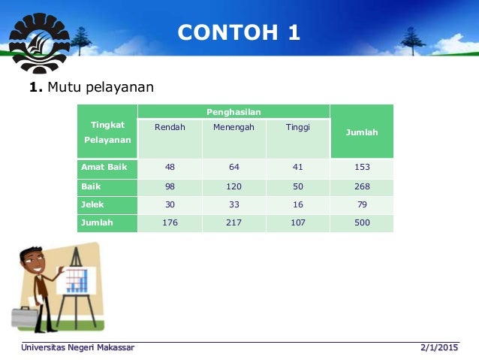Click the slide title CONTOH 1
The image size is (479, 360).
[239, 32]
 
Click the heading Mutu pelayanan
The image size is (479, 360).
[92, 88]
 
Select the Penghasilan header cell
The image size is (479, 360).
[233, 111]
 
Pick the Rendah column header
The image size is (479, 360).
[170, 127]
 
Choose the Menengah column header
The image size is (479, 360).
[233, 127]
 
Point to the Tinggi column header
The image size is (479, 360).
[297, 127]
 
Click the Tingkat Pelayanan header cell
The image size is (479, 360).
[107, 132]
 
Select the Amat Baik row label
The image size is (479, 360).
[104, 167]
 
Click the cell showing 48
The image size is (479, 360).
[170, 167]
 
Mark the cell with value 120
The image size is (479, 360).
[233, 186]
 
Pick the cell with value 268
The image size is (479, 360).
[362, 186]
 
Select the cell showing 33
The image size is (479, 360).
[233, 204]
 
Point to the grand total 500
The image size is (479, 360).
[362, 222]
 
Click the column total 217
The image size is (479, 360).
[233, 222]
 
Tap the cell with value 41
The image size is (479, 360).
[297, 167]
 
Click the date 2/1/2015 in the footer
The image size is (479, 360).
[439, 347]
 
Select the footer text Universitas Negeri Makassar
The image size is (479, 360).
[78, 347]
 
